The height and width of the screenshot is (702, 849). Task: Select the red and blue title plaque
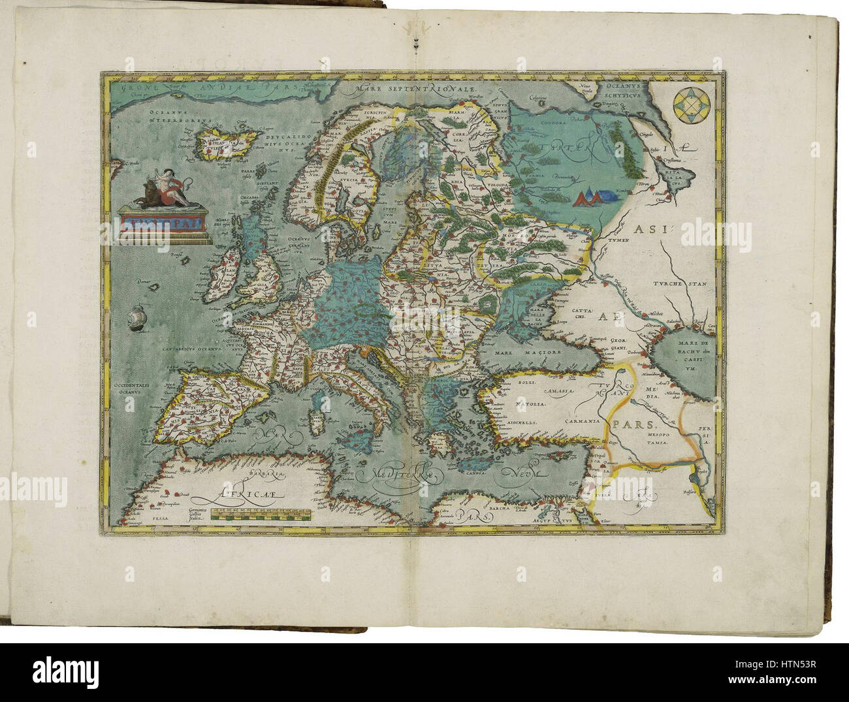(161, 225)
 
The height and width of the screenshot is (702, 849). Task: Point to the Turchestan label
(683, 284)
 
